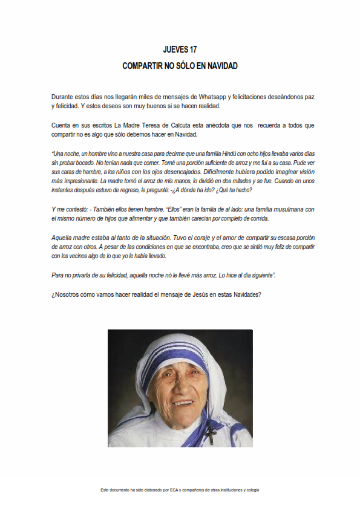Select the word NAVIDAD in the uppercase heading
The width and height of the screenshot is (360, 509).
pyautogui.click(x=220, y=65)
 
